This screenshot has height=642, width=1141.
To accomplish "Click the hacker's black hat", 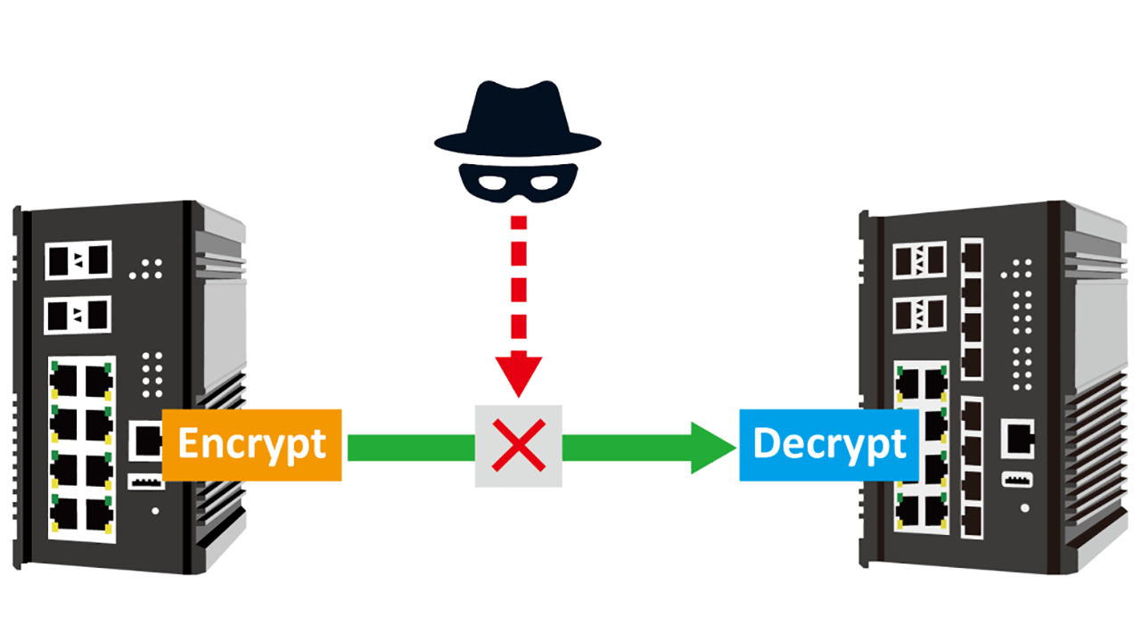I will (x=517, y=120).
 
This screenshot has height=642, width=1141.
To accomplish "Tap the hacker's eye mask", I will (x=517, y=182).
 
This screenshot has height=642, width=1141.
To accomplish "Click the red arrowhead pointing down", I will (x=518, y=374).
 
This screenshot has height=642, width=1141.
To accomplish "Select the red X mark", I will (x=519, y=446).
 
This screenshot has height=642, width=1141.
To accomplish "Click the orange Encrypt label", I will (x=252, y=445).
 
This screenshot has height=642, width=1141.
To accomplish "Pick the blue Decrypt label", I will (x=829, y=444).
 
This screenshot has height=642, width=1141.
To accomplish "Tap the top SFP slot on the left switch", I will (x=78, y=260).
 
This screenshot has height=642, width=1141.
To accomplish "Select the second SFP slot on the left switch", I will (x=78, y=315).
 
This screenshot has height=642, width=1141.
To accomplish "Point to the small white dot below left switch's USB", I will (x=156, y=511).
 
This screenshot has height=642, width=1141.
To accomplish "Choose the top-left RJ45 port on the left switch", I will (x=63, y=382).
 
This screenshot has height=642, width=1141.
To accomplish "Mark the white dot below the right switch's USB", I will (x=1024, y=507).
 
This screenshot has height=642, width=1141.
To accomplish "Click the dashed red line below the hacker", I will (x=518, y=285).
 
